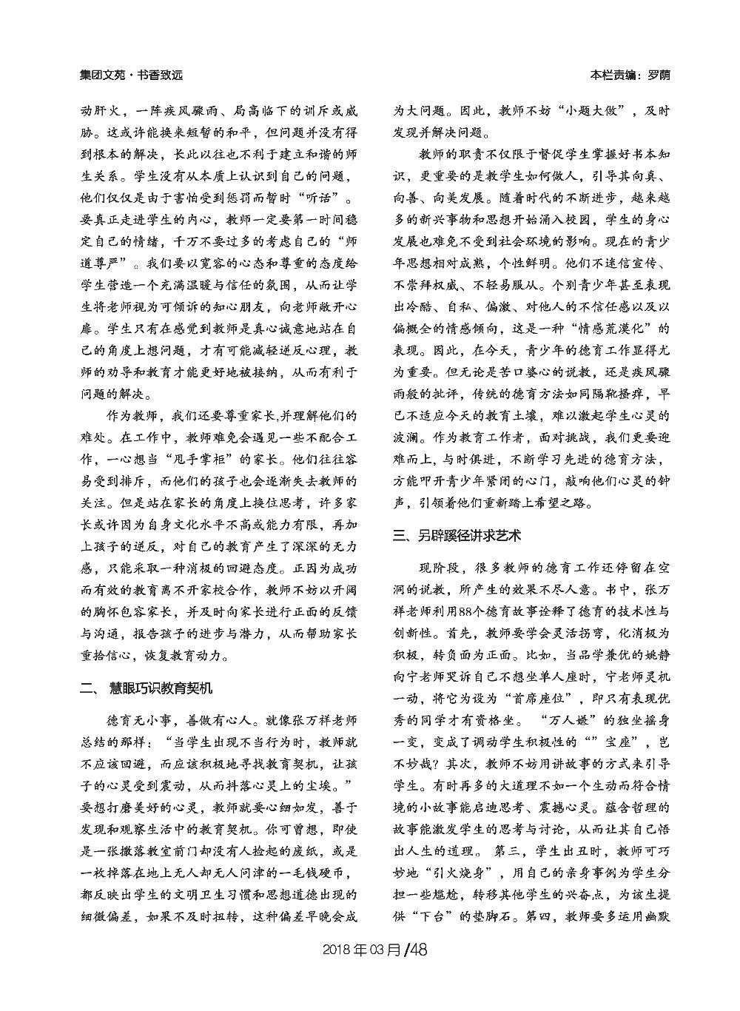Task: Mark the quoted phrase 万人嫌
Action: point(575,719)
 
